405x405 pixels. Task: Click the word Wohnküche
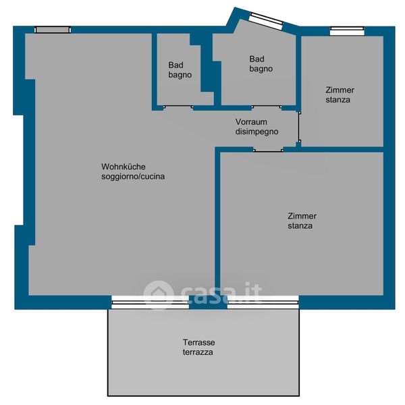click(124, 167)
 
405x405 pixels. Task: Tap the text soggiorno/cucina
click(133, 177)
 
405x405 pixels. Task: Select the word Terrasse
click(199, 342)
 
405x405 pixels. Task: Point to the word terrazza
click(198, 352)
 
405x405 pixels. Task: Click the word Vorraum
click(251, 122)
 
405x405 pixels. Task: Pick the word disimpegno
click(256, 132)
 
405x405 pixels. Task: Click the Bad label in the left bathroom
click(175, 65)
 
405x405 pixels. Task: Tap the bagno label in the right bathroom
click(261, 69)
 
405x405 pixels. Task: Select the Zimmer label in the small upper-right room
click(340, 90)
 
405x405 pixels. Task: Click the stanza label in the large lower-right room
click(300, 225)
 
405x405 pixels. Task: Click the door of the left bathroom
click(178, 106)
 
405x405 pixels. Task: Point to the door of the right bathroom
click(267, 106)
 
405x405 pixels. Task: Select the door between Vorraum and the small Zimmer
click(299, 127)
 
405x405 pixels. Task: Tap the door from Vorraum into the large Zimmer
click(268, 150)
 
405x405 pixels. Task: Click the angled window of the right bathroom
click(267, 19)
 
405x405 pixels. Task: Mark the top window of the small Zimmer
click(347, 31)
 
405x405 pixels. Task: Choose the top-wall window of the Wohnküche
click(53, 30)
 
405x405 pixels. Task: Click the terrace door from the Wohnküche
click(151, 302)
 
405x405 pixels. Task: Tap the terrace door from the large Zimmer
click(263, 302)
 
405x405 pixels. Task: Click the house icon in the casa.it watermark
click(159, 294)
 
